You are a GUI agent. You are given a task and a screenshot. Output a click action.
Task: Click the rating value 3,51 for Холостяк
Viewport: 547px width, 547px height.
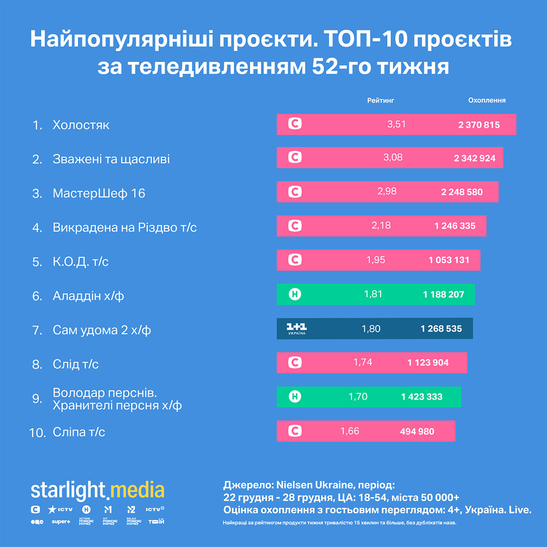pos(396,124)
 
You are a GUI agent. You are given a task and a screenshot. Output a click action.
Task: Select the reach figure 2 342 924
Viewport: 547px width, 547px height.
pos(475,159)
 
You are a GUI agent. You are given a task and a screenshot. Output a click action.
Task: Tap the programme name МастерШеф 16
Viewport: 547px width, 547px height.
pos(99,193)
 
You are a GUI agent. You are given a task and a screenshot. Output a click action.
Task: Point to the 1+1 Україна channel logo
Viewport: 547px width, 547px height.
pos(296,329)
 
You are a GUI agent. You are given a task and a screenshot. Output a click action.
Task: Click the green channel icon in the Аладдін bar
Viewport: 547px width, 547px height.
pos(295,294)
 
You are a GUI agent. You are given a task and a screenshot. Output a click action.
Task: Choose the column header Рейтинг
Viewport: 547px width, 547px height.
pos(381,100)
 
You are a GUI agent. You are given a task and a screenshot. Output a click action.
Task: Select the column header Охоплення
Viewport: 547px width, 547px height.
pos(487,100)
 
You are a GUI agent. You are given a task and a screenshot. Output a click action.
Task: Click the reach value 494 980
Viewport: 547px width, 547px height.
pos(417,432)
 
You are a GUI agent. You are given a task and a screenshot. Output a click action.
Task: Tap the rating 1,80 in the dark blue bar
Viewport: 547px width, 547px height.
pos(371,329)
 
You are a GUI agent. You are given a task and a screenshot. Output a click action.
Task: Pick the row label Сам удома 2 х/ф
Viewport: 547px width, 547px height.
pos(102,330)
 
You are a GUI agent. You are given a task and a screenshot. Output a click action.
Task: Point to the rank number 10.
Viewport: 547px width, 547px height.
pos(37,433)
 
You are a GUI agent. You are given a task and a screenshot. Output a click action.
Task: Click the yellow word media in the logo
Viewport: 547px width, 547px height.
pos(137,490)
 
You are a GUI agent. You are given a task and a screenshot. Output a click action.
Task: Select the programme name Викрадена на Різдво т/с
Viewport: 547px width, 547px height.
pos(124,227)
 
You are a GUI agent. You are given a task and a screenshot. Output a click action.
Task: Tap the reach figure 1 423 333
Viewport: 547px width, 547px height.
pos(422,397)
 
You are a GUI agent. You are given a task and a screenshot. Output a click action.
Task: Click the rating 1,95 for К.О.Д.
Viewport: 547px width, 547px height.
pos(376,260)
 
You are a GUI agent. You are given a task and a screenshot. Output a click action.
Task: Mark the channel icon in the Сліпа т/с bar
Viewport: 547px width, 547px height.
pos(295,431)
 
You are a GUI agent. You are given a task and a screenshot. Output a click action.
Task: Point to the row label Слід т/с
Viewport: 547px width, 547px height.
pos(76,364)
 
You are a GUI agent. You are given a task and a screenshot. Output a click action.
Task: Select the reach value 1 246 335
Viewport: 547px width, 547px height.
pos(455,226)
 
